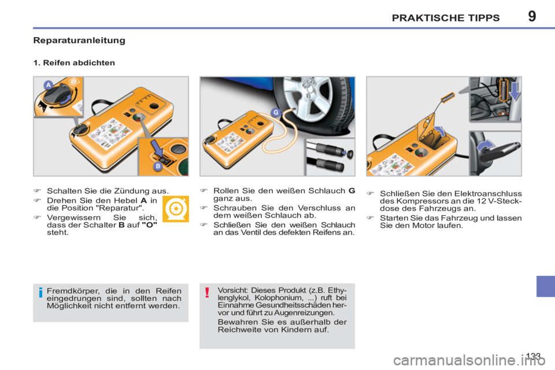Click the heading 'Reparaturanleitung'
tap(79, 41)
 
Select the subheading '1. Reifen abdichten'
tap(73, 63)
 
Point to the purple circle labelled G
tap(276, 112)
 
